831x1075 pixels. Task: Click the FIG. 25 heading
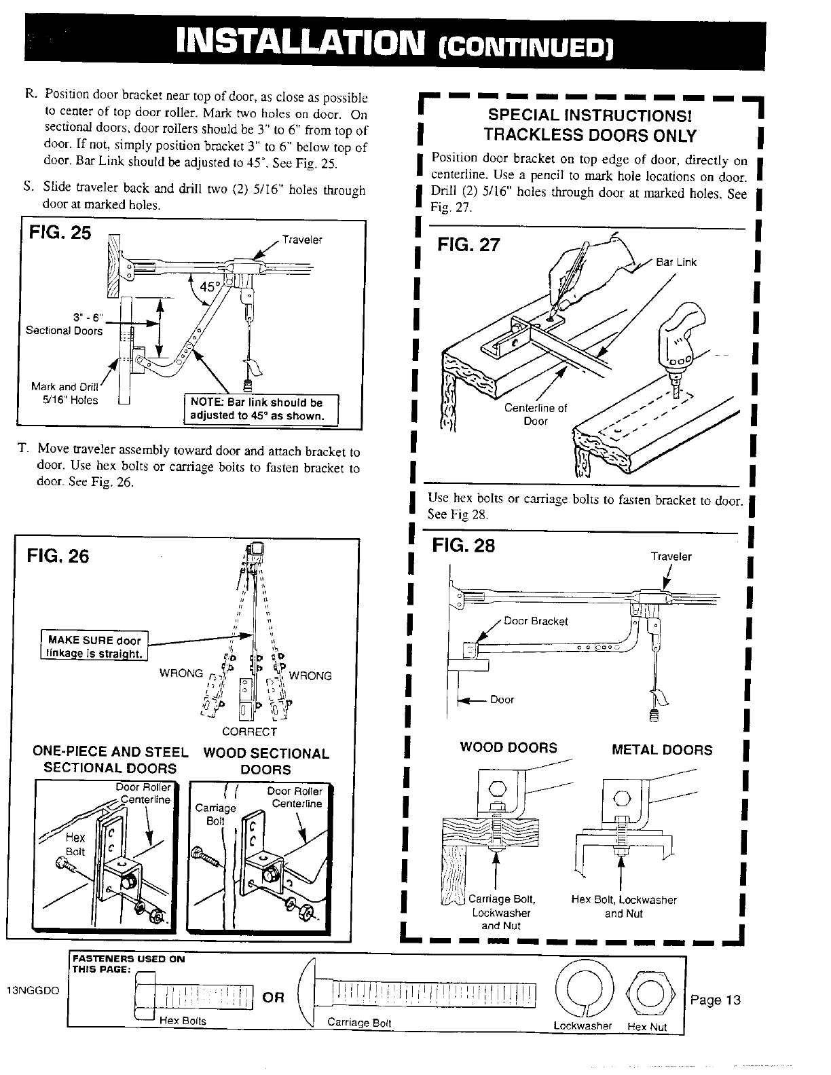tap(56, 233)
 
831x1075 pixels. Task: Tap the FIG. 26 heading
tap(58, 557)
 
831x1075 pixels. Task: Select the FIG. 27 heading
tap(468, 244)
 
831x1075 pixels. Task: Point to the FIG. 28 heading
tap(464, 546)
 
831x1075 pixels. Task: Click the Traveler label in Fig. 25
tap(302, 240)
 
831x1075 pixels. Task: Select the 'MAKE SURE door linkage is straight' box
tap(94, 647)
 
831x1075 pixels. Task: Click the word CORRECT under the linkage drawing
tap(250, 732)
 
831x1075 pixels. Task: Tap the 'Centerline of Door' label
tap(536, 414)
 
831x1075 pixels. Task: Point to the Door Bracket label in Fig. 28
tap(536, 621)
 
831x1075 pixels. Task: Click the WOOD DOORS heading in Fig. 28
tap(509, 748)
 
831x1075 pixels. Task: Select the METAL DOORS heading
tap(662, 750)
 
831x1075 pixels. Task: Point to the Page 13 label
tap(715, 1000)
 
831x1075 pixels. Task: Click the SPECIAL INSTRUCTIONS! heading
tap(589, 116)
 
